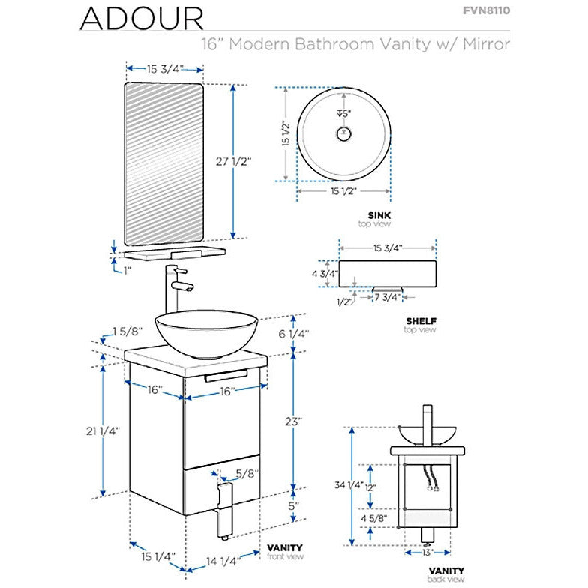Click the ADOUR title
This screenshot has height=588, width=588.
tap(142, 18)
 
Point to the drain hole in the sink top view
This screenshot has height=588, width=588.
tap(343, 134)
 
